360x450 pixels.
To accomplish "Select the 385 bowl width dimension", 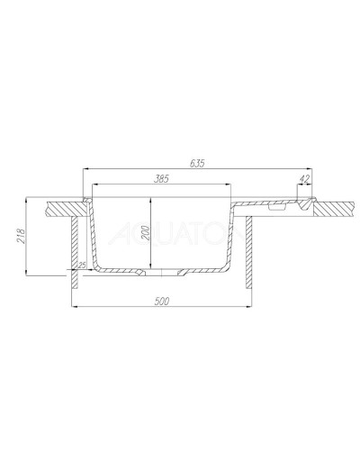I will point(162,180).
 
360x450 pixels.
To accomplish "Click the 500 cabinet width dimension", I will point(163,301).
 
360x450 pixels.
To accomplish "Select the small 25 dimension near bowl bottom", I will point(82,265).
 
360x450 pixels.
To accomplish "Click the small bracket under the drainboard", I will point(277,208).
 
